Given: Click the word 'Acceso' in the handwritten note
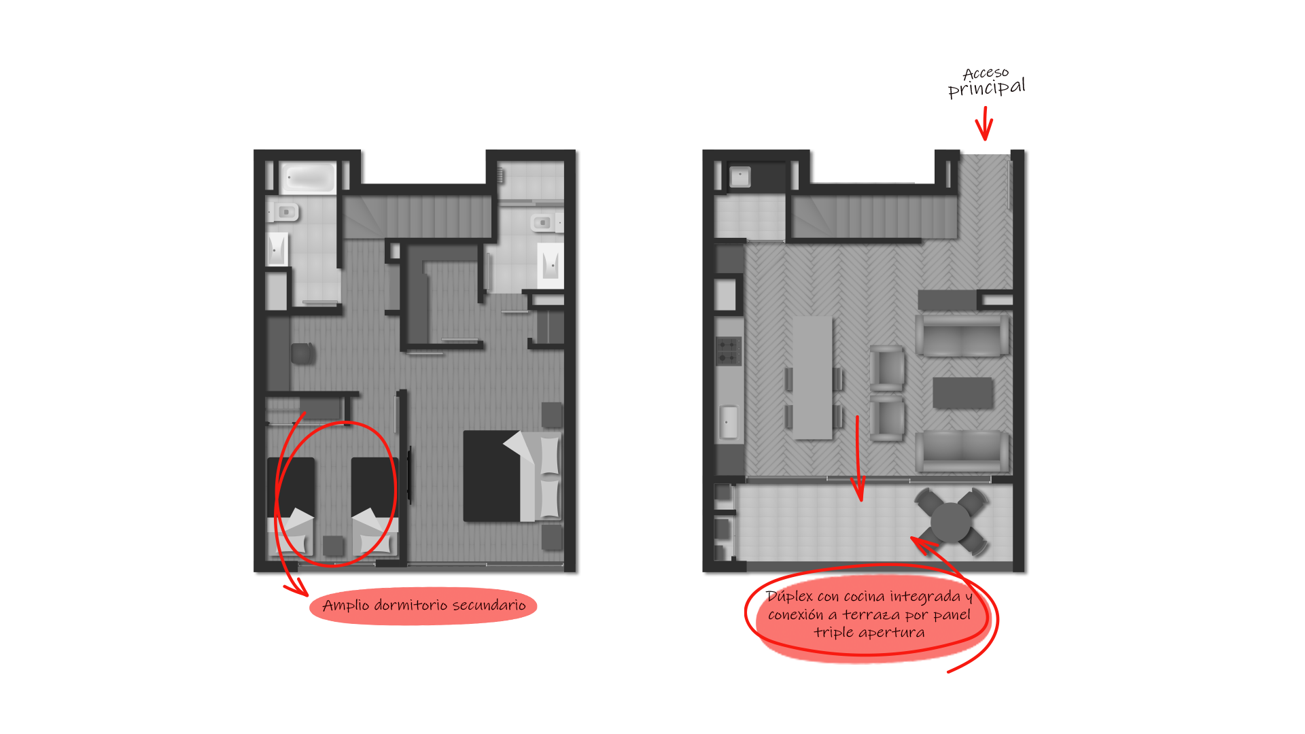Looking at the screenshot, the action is pyautogui.click(x=986, y=73).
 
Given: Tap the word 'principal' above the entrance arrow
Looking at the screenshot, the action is pyautogui.click(x=986, y=88).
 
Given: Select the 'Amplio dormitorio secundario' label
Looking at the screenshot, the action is pyautogui.click(x=423, y=606).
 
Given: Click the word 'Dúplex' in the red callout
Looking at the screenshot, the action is pyautogui.click(x=789, y=596).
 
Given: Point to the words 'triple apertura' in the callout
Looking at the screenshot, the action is pyautogui.click(x=869, y=633).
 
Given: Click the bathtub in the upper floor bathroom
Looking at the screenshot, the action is pyautogui.click(x=309, y=177).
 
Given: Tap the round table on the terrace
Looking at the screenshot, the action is pyautogui.click(x=951, y=522).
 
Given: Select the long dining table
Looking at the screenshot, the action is pyautogui.click(x=813, y=377).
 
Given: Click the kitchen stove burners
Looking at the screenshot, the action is pyautogui.click(x=728, y=351).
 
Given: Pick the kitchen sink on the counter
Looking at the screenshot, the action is pyautogui.click(x=729, y=422).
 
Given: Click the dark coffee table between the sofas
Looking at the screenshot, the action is pyautogui.click(x=962, y=393).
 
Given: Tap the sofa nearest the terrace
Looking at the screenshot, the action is pyautogui.click(x=962, y=451).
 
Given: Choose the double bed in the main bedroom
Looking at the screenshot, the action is pyautogui.click(x=512, y=476).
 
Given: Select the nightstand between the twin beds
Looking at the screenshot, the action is pyautogui.click(x=333, y=546).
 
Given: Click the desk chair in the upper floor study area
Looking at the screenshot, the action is pyautogui.click(x=302, y=353).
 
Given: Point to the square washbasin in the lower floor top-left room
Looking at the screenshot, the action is pyautogui.click(x=739, y=177).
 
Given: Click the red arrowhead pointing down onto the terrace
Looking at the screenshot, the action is pyautogui.click(x=859, y=489).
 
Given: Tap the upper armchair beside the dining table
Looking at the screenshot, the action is pyautogui.click(x=888, y=368).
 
